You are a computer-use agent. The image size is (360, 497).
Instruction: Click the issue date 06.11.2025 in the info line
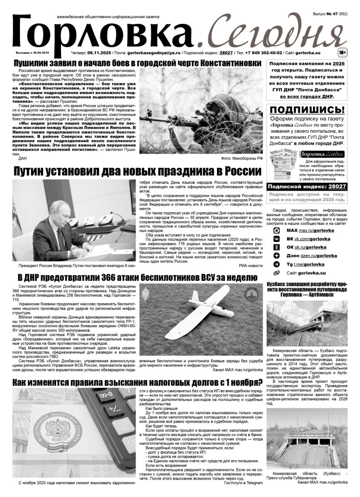101,52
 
